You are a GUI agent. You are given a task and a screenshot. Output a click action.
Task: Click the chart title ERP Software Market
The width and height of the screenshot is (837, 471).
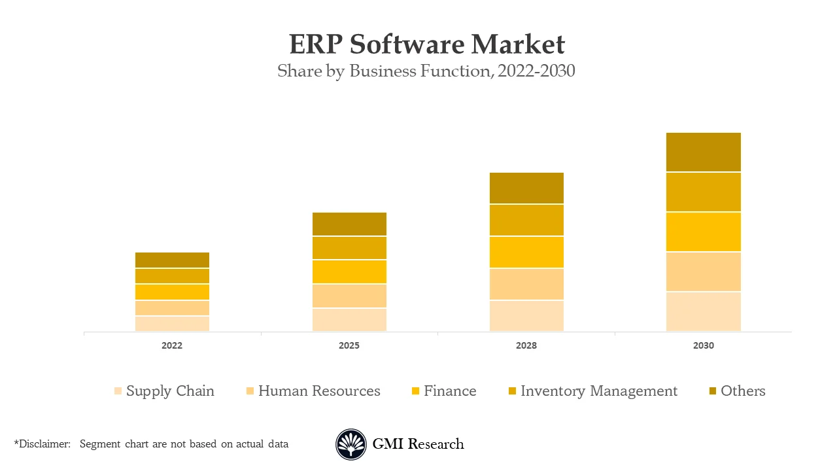click(426, 44)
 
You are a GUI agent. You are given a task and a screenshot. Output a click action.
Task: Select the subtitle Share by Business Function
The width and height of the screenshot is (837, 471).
click(426, 71)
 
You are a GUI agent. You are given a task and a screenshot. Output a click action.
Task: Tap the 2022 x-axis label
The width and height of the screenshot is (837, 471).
click(172, 345)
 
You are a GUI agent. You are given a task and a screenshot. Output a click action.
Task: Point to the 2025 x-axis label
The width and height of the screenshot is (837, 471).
click(349, 345)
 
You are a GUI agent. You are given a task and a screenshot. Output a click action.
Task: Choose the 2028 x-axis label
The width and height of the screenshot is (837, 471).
click(526, 345)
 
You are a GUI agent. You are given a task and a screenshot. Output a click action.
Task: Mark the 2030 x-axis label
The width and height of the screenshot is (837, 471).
click(704, 345)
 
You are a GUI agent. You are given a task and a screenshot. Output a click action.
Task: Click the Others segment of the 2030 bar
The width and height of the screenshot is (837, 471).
click(704, 152)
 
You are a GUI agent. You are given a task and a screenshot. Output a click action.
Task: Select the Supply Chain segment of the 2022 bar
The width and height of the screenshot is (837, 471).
click(172, 324)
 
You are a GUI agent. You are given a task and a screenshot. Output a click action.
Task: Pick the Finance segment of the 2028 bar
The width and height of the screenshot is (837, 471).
click(526, 252)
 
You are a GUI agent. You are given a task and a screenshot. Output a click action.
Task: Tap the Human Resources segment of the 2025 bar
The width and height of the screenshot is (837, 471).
click(349, 296)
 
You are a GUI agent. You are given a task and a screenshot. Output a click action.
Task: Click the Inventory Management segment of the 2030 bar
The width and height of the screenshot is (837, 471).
click(704, 192)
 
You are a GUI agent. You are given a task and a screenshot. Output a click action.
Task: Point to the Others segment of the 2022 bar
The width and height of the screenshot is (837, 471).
click(172, 260)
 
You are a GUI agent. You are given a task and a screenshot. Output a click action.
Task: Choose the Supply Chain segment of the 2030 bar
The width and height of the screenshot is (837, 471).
click(704, 311)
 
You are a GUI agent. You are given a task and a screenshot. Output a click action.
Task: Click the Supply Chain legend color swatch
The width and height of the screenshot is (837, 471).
click(118, 391)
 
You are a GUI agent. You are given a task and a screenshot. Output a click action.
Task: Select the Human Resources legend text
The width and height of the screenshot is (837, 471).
click(319, 391)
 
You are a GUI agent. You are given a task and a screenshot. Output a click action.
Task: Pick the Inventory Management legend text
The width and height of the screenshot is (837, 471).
click(599, 391)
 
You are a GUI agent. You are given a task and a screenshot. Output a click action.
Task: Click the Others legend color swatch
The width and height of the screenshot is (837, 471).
click(712, 391)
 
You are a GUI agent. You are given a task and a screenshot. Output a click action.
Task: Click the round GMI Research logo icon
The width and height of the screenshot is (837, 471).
click(351, 444)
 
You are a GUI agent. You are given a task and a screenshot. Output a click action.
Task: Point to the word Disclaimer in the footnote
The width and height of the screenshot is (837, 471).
click(44, 444)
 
